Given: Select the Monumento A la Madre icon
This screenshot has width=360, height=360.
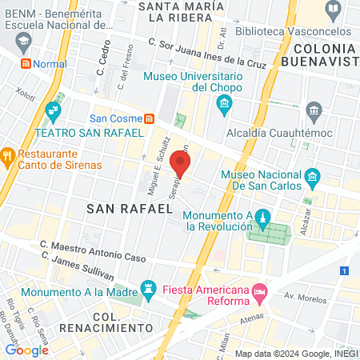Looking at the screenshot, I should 148,287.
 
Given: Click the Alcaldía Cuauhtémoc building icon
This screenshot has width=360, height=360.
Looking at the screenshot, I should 314,109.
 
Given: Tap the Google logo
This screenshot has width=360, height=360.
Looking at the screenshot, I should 27,350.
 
